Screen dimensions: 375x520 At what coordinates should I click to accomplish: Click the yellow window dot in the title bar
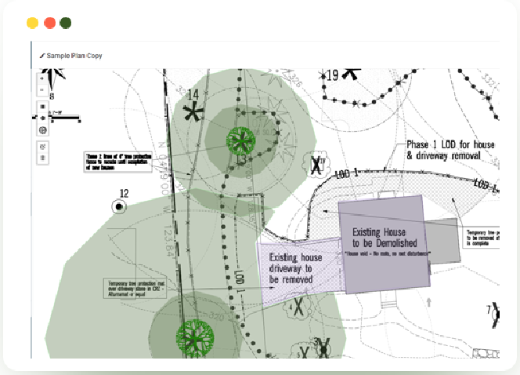click(x=32, y=23)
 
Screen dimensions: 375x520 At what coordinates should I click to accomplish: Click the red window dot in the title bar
click(x=49, y=23)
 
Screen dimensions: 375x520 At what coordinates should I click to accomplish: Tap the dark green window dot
click(x=66, y=23)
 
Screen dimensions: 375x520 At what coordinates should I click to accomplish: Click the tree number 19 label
click(x=332, y=75)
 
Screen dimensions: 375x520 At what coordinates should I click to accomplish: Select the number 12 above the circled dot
click(x=124, y=193)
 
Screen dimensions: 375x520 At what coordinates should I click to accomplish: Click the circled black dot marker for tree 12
click(x=120, y=207)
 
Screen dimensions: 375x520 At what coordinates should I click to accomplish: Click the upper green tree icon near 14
click(x=240, y=141)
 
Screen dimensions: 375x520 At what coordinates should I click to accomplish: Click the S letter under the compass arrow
click(x=52, y=96)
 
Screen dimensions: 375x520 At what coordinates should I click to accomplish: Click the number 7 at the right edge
click(x=489, y=309)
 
